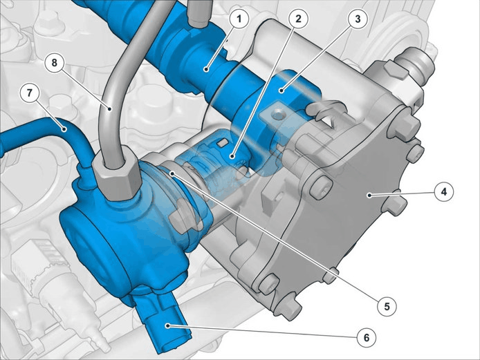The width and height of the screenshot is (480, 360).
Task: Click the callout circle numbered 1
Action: coord(239,19)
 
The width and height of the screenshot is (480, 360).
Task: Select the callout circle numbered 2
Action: coord(299,19)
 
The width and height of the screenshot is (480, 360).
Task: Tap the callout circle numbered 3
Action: coord(358,19)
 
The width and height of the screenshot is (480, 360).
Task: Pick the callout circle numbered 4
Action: coord(444,192)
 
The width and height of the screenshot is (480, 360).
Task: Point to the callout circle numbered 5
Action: coord(387,306)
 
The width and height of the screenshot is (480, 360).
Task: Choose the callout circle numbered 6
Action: coord(367,338)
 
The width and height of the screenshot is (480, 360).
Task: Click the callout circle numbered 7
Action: coord(29,93)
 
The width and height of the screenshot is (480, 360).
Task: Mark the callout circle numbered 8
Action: coord(54,63)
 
